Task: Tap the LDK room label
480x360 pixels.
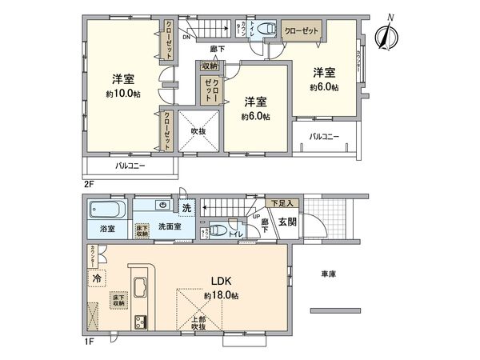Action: tap(222, 282)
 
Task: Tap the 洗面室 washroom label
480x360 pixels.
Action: tap(169, 226)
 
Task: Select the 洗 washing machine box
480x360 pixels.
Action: tap(186, 209)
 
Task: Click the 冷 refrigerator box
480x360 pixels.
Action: tap(96, 279)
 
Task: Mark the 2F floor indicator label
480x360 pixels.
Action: tap(88, 183)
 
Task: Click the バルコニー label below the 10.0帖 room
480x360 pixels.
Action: tap(130, 166)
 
